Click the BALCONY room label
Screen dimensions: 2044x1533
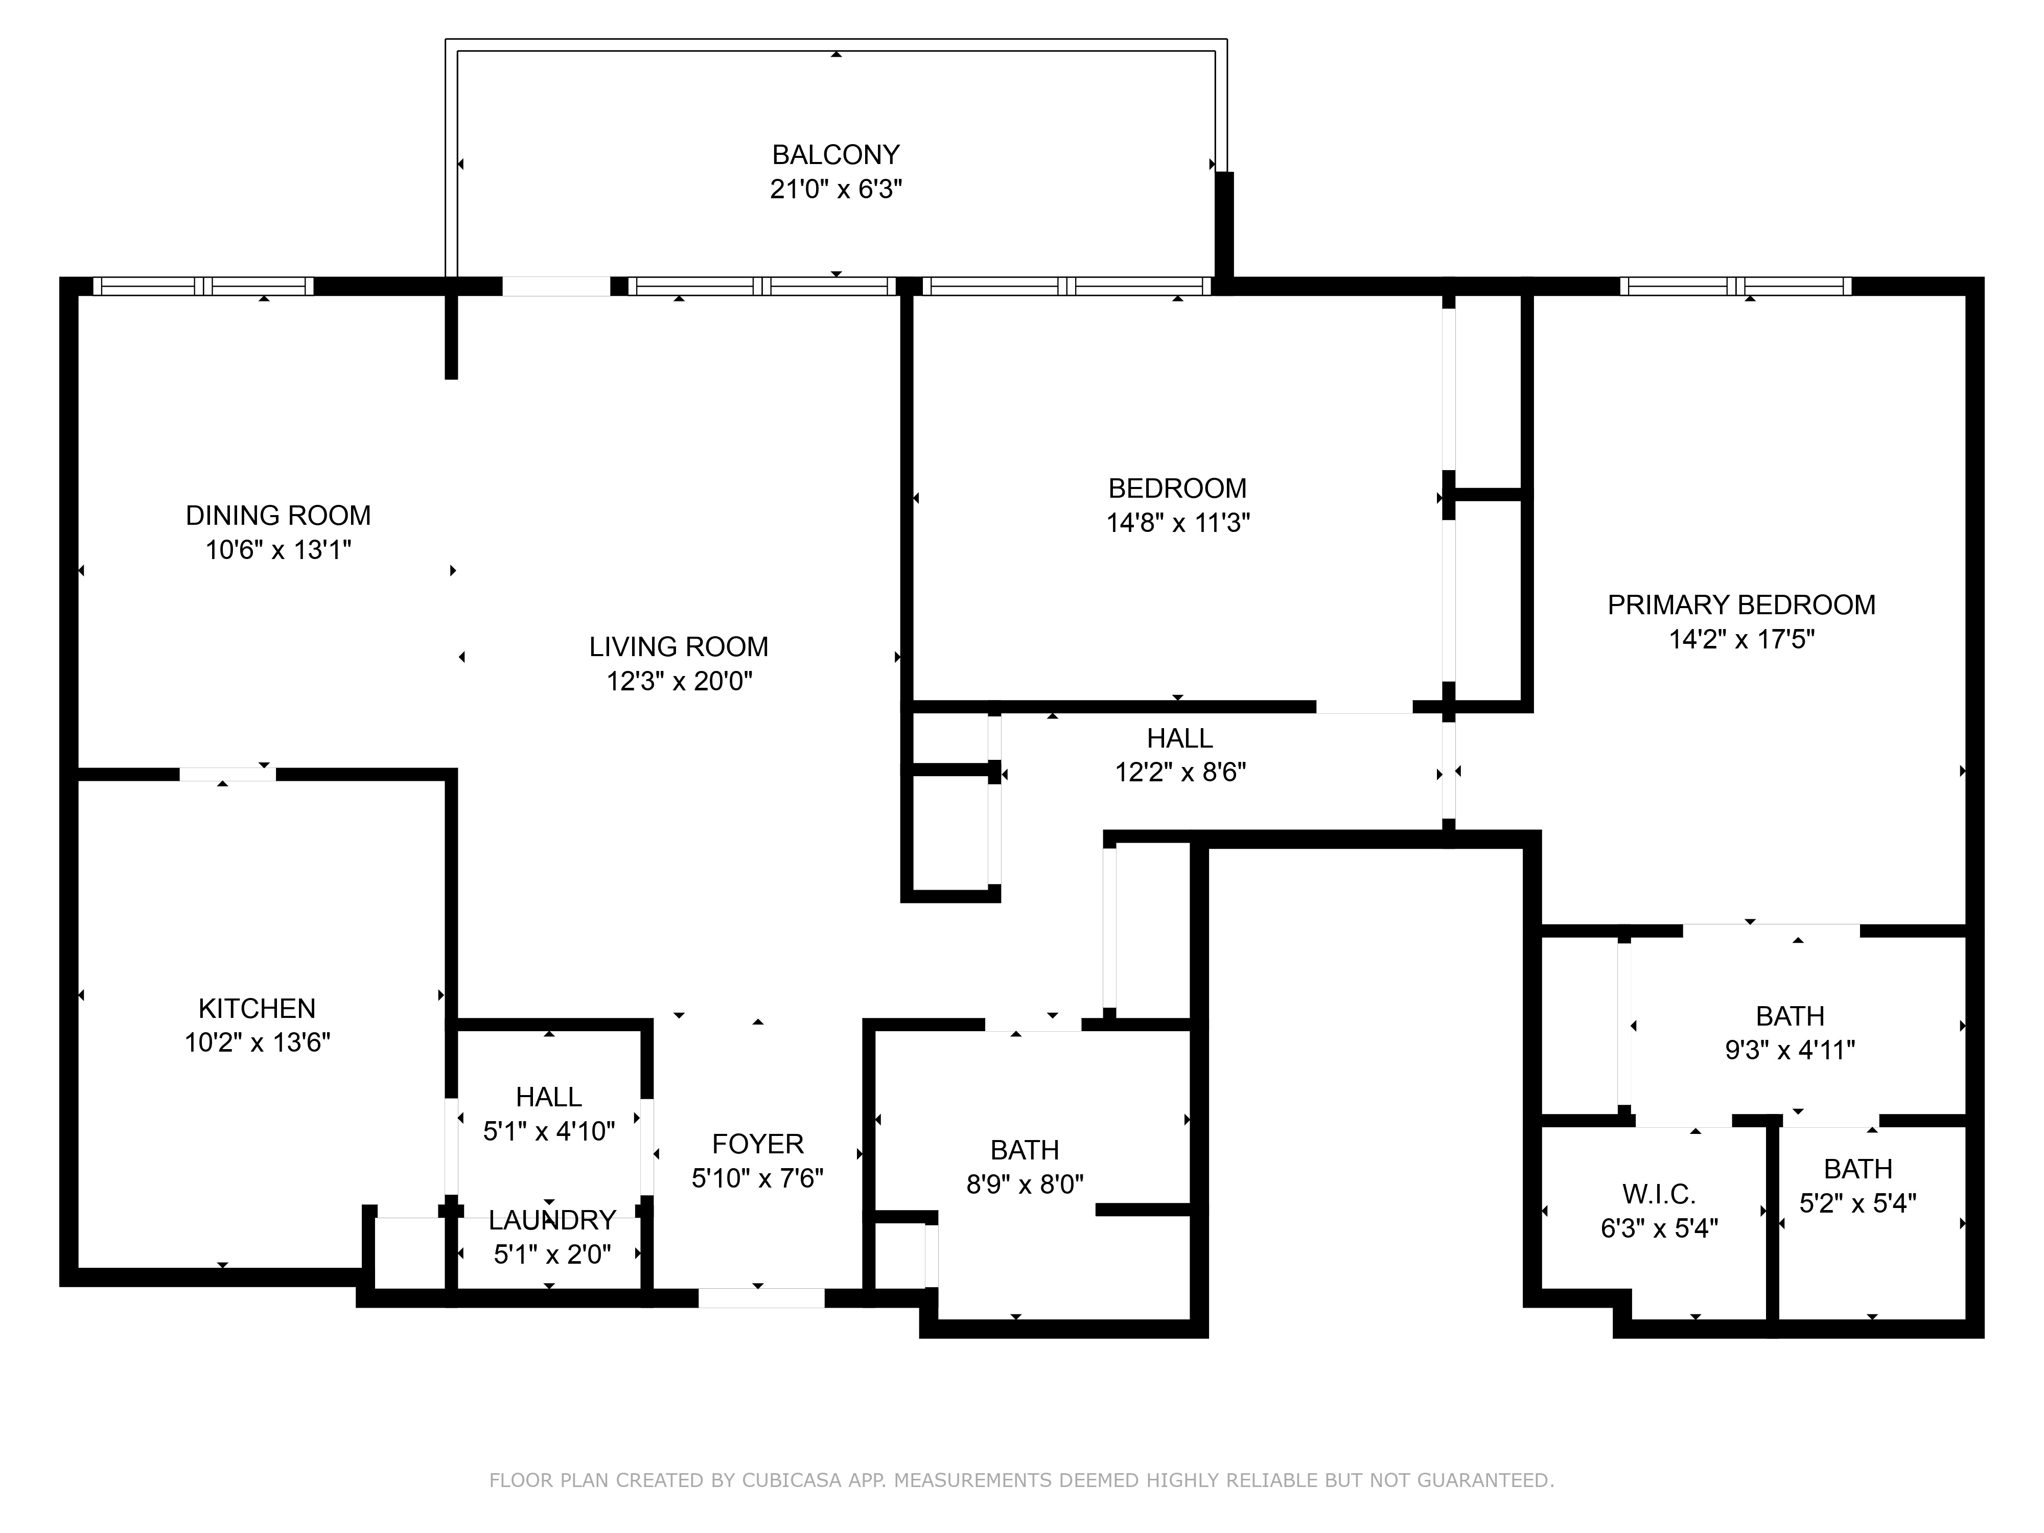(x=835, y=154)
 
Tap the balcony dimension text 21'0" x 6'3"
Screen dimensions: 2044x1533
(x=835, y=190)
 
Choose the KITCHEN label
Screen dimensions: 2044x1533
(x=257, y=1008)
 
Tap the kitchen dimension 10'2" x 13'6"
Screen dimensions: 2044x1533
(x=257, y=1042)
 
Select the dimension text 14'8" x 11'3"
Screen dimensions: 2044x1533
(x=1178, y=523)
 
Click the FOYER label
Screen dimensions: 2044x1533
(x=758, y=1144)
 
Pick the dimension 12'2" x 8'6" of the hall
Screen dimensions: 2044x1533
(x=1180, y=773)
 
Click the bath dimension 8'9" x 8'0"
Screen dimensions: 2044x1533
(x=1025, y=1184)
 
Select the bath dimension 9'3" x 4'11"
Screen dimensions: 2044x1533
(x=1790, y=1051)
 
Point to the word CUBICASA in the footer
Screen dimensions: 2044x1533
(x=792, y=1480)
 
